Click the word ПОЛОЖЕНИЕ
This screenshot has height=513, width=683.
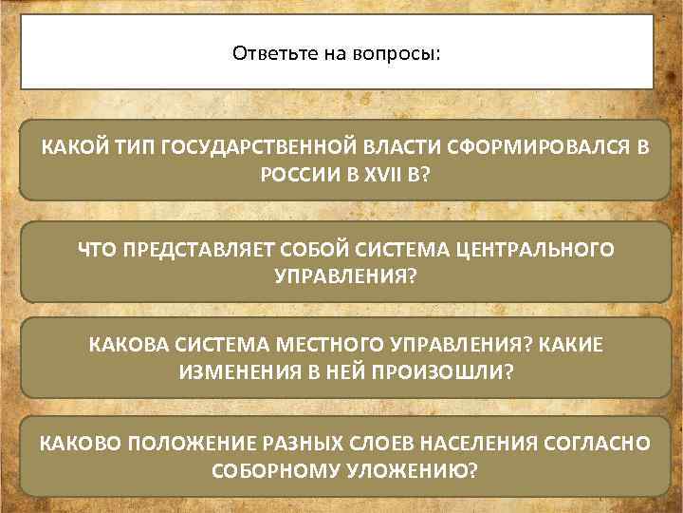tap(196, 443)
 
